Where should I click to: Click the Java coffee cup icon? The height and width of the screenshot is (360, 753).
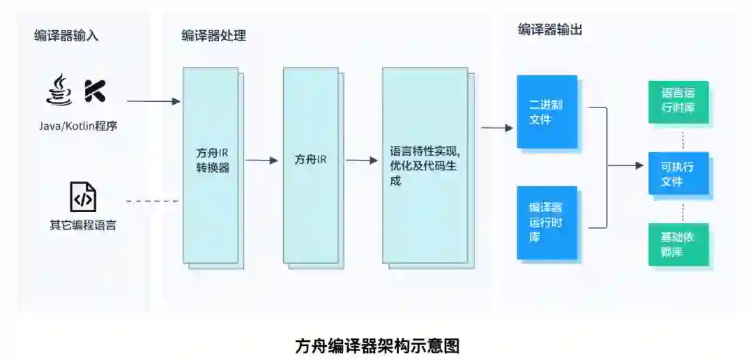coord(59,91)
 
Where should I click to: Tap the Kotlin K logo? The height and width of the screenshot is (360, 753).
coord(95,91)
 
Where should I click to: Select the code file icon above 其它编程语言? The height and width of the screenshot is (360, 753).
coord(82,197)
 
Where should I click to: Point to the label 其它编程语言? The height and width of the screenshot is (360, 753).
coord(82,225)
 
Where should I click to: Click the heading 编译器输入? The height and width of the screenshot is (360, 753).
coord(66,36)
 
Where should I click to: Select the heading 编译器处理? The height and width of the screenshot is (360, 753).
coord(213,36)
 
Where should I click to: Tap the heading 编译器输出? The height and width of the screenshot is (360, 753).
coord(550,29)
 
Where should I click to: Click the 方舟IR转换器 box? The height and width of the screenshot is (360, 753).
coord(211,165)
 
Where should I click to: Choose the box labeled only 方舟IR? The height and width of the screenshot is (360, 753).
coord(310,165)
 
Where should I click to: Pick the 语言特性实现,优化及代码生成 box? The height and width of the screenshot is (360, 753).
coord(425,165)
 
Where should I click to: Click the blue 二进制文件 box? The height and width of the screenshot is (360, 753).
coord(547,112)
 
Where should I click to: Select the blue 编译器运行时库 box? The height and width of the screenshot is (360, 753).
coord(547,223)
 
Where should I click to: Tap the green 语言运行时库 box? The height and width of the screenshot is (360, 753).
coord(678,102)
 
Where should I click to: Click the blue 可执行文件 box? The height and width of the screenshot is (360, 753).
coord(678,173)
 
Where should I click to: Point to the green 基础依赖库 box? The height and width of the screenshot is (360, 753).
coord(678,244)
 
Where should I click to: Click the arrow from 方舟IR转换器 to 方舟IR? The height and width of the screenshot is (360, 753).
coord(261,160)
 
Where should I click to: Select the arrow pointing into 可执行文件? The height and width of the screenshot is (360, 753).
coord(626,166)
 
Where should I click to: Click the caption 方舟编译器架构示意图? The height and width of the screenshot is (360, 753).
coord(377,345)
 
